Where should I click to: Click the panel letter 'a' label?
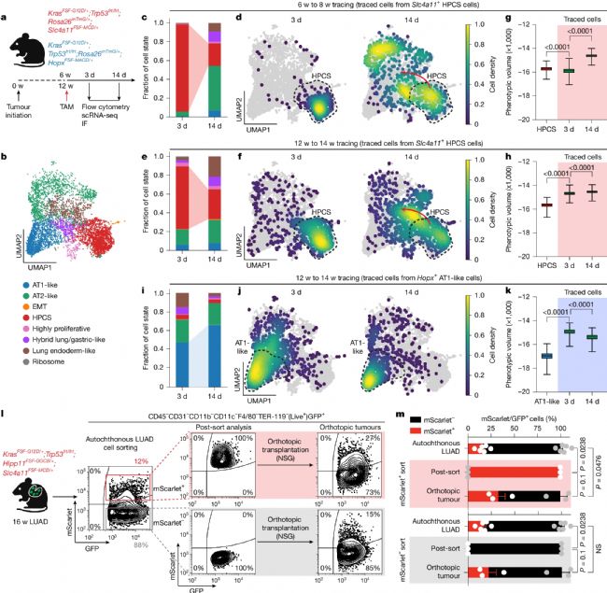7,7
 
